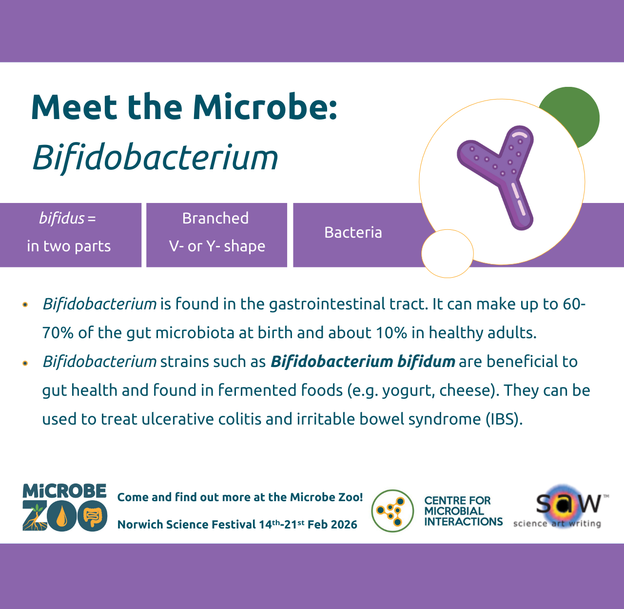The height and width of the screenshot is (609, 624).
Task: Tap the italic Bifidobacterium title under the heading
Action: point(155,158)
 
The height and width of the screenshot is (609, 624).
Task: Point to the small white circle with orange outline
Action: point(447,253)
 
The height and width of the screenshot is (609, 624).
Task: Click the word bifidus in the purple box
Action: point(61,218)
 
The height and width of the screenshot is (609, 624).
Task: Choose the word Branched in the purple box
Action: point(215,218)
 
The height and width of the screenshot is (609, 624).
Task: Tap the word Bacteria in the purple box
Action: point(353,232)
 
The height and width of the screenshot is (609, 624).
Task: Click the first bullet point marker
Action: point(25,305)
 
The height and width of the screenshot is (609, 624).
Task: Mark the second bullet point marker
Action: point(25,363)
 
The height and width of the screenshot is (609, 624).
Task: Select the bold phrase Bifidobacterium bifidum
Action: point(363,362)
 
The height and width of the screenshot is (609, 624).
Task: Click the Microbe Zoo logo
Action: point(64,507)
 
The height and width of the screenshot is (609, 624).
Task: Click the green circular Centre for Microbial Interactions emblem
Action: point(392,511)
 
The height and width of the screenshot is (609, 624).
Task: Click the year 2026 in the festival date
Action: point(344,525)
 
